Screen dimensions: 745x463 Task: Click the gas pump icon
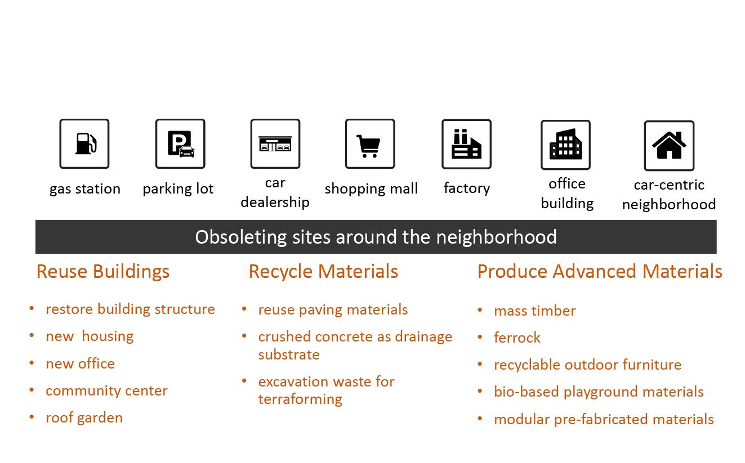tap(84, 143)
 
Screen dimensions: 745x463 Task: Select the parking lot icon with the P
tap(180, 143)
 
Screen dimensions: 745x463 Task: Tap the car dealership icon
tap(275, 143)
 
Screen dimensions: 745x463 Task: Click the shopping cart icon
tap(369, 143)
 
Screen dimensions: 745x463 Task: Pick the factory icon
tap(466, 144)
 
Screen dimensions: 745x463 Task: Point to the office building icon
tap(565, 145)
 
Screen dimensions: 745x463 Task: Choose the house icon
tap(669, 145)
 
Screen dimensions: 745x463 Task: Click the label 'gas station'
tap(85, 188)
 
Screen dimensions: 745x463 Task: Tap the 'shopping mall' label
tap(371, 188)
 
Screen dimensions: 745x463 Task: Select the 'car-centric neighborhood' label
tap(669, 194)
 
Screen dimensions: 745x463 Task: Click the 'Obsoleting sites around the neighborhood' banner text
tap(376, 237)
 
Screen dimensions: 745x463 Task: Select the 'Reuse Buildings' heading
tap(103, 271)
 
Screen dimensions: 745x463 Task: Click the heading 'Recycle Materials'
tap(323, 271)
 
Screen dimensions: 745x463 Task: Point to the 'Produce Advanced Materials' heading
tap(600, 271)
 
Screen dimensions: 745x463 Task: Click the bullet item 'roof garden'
tap(84, 417)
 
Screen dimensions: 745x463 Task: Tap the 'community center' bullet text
tap(106, 390)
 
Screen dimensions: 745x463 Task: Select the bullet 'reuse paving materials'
tap(333, 309)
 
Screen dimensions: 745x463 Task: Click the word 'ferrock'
tap(517, 338)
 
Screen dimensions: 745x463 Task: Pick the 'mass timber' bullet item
tap(534, 311)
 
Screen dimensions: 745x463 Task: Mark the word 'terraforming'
tap(300, 399)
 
